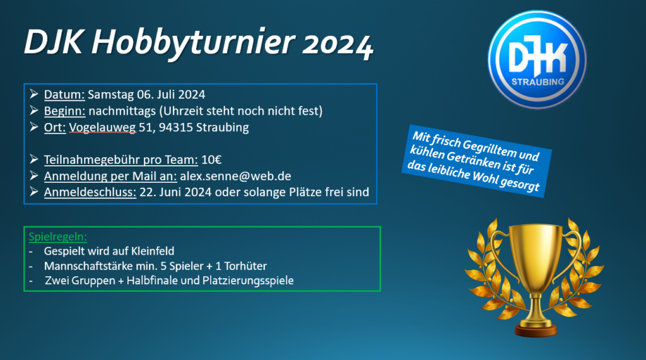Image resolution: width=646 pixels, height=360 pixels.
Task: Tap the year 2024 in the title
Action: pos(338,44)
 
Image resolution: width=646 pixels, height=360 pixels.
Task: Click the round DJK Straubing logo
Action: pos(537,60)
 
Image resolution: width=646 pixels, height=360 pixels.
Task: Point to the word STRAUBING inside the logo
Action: pos(537,81)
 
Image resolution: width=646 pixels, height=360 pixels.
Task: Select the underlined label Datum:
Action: pos(64,95)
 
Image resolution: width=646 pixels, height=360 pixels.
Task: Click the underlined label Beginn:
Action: pos(65,111)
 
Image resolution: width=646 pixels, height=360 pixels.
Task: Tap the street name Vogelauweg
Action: pos(102,128)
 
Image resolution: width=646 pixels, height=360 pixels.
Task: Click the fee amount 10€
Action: pos(211,160)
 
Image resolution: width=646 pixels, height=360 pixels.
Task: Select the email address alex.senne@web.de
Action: pos(236,177)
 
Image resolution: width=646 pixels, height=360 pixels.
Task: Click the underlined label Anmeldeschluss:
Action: pos(90,192)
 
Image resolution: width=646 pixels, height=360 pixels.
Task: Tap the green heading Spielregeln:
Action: pos(57,237)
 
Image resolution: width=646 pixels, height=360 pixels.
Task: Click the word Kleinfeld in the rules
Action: pos(153,251)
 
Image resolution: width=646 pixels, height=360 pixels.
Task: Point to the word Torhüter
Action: pos(245,266)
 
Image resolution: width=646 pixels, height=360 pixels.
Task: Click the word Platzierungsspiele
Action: pos(248,281)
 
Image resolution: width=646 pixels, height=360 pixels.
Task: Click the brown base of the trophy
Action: pos(536,330)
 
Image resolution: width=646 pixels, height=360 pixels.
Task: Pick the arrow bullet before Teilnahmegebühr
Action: pos(34,159)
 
